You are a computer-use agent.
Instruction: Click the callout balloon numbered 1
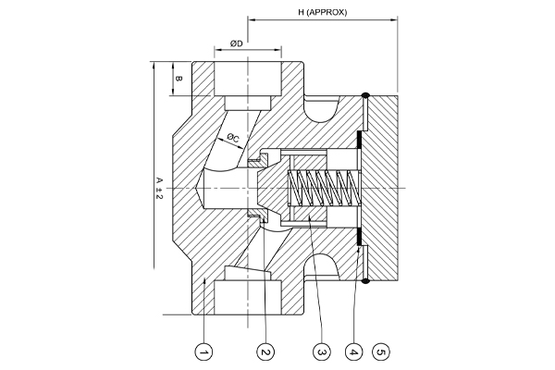click(x=204, y=351)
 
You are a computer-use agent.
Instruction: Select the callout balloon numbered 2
click(x=265, y=351)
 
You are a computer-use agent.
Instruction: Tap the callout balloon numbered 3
click(x=322, y=351)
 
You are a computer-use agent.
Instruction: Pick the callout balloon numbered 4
click(x=354, y=351)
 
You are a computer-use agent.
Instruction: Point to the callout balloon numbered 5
click(x=381, y=351)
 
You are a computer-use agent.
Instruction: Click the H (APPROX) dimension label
click(x=323, y=12)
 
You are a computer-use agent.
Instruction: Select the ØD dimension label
click(x=237, y=43)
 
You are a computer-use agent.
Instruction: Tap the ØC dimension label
click(x=233, y=138)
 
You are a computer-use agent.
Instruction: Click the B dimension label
click(x=179, y=79)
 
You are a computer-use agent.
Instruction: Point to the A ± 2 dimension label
click(x=160, y=188)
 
